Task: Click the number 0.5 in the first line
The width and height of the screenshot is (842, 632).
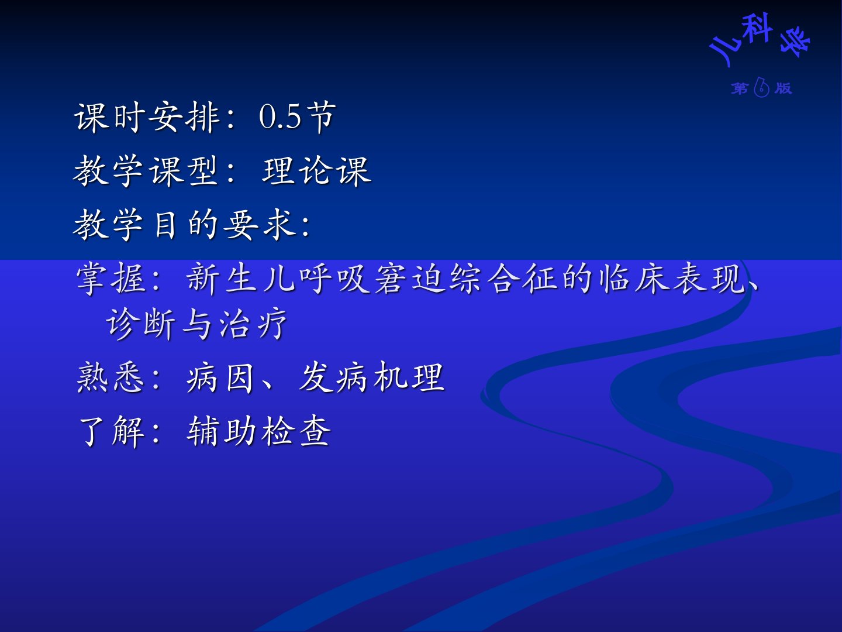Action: coord(280,116)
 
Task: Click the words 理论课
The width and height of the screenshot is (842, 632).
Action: coord(316,171)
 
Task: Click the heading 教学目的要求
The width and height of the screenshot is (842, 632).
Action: coord(184,225)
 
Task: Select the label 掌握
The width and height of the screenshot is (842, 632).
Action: coord(111,279)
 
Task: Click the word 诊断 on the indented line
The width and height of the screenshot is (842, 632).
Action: coord(140,324)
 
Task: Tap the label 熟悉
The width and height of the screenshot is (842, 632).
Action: coord(111,377)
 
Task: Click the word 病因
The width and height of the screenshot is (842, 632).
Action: coord(220,377)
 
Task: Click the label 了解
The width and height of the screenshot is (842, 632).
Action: coord(112,431)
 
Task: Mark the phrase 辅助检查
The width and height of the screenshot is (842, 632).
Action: coord(258,431)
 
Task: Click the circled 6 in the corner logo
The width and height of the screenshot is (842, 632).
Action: coord(761,87)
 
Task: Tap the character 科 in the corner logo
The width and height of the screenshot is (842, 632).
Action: coord(755,28)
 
